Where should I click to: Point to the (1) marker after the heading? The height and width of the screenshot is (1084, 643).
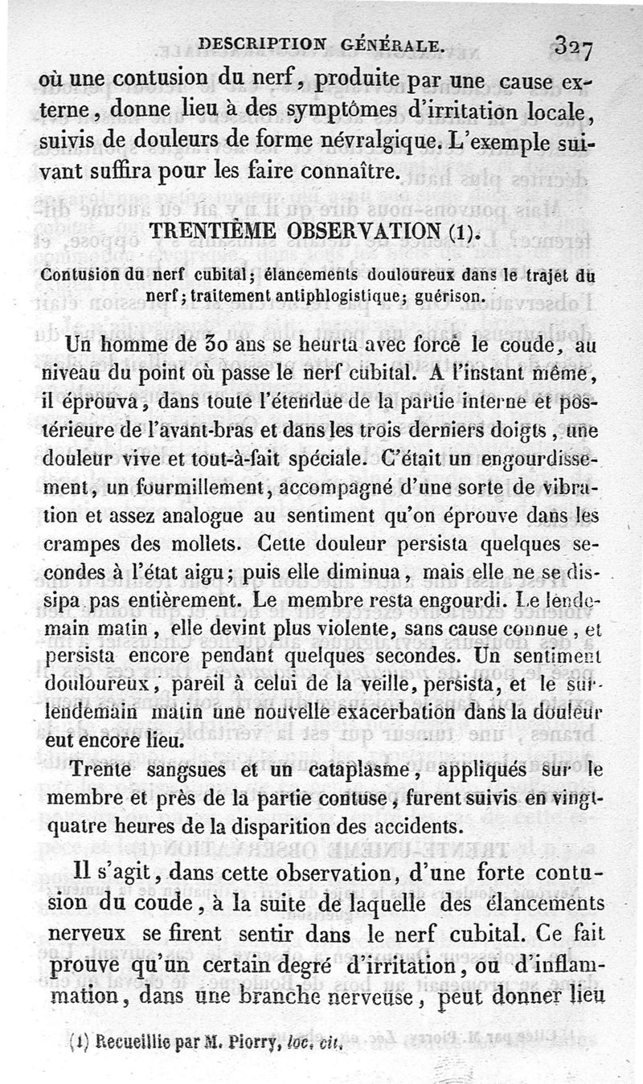(x=467, y=235)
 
